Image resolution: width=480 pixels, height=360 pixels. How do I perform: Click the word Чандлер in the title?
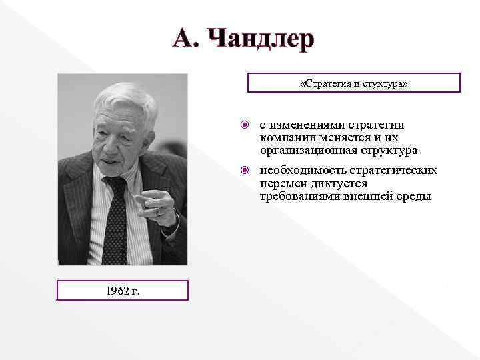(259, 38)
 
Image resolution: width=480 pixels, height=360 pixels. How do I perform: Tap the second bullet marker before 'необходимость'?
(245, 171)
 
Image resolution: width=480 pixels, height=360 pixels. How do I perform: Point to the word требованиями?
(298, 196)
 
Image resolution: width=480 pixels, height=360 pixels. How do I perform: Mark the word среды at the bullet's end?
(415, 196)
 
